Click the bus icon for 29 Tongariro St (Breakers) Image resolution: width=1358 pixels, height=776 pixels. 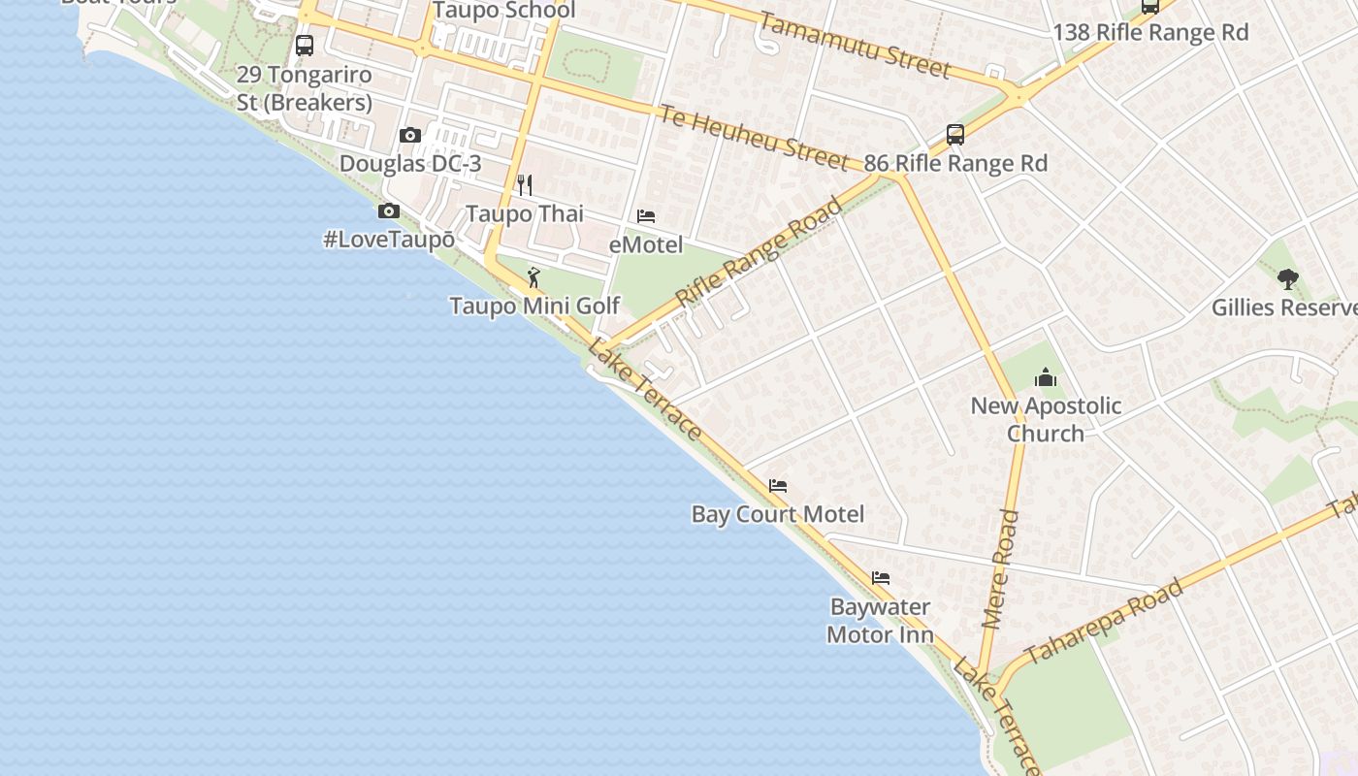click(x=305, y=45)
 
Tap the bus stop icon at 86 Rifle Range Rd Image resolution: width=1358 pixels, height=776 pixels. click(x=955, y=134)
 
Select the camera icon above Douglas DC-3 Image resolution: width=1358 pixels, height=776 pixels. click(x=410, y=136)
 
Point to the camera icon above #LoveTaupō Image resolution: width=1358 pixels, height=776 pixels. click(x=389, y=210)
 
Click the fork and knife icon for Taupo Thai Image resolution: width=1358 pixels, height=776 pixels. click(x=524, y=184)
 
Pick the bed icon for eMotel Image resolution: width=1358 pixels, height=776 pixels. click(x=646, y=215)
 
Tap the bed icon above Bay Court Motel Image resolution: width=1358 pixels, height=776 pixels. click(x=778, y=485)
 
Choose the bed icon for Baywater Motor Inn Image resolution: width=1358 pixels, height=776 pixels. click(x=881, y=578)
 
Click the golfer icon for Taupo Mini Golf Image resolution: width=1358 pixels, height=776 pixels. click(x=533, y=278)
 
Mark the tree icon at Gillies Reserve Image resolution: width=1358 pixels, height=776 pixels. click(x=1287, y=279)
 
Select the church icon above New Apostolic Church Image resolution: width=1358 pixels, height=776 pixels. click(x=1046, y=377)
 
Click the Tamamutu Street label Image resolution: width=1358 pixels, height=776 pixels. click(x=855, y=45)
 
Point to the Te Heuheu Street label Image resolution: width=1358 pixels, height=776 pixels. click(x=755, y=137)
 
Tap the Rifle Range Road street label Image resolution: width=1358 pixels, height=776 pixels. click(x=760, y=252)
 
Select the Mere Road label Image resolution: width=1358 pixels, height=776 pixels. click(x=1000, y=569)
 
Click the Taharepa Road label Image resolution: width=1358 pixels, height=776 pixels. click(x=1104, y=621)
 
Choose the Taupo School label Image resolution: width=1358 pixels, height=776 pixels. click(x=503, y=11)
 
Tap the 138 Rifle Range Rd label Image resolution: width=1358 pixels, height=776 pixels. click(x=1150, y=32)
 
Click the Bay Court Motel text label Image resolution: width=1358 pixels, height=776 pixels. click(x=778, y=513)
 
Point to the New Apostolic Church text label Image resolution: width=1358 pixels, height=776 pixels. click(x=1046, y=419)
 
